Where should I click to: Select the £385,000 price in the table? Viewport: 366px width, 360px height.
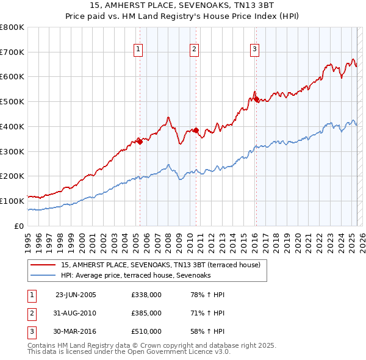tap(146, 313)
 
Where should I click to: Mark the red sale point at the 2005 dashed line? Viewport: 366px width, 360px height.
tap(140, 142)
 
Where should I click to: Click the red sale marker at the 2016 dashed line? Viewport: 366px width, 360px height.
tap(256, 98)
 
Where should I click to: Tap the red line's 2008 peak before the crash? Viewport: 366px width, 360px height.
tap(168, 117)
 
